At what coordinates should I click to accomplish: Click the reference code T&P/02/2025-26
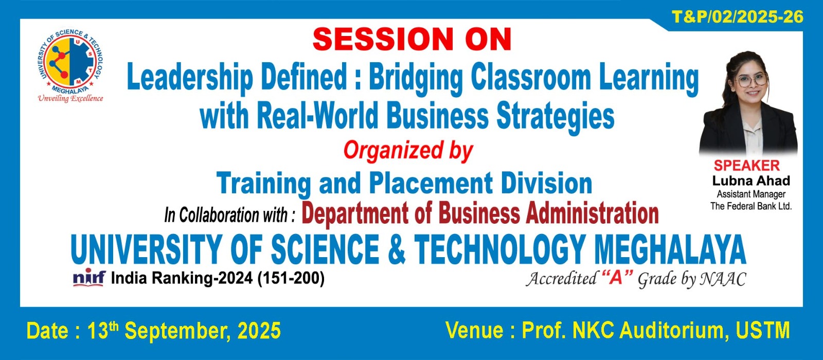click(x=738, y=17)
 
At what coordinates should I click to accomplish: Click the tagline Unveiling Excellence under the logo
click(x=70, y=98)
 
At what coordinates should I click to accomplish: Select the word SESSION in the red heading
click(x=383, y=39)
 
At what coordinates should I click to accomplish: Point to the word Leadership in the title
click(x=190, y=78)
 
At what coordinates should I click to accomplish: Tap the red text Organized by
click(x=408, y=151)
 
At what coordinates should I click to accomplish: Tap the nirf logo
click(x=90, y=277)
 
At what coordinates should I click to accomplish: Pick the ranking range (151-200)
click(x=291, y=278)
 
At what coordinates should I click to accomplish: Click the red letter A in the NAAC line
click(x=617, y=278)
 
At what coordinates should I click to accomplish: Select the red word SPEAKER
click(x=746, y=166)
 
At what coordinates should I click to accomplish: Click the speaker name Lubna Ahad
click(x=751, y=181)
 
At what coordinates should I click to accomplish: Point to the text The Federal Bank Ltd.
click(x=751, y=206)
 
